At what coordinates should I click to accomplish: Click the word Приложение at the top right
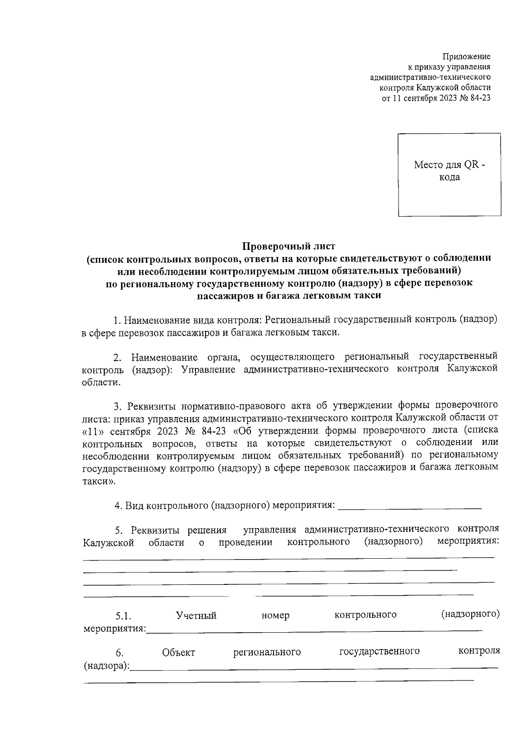466,57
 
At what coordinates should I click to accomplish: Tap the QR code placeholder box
449,174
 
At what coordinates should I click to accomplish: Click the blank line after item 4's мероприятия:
410,506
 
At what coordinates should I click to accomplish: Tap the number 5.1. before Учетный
123,616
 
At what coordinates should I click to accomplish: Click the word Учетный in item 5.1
196,615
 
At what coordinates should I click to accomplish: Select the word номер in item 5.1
275,615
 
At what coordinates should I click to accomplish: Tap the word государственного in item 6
379,651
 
